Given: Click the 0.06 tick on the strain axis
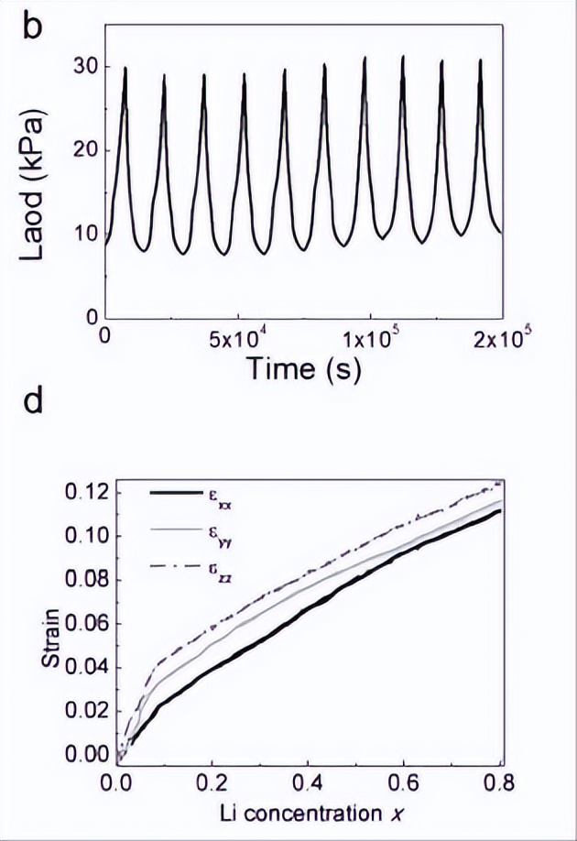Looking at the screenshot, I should [x=93, y=624].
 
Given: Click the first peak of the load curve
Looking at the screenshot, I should [x=125, y=68].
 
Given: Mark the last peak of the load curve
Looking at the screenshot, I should [x=480, y=60].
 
